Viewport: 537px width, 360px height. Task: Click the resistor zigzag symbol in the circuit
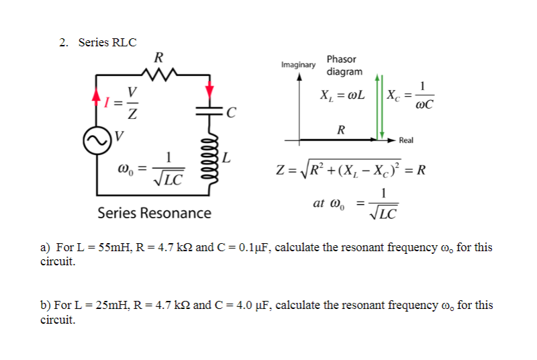pyautogui.click(x=160, y=72)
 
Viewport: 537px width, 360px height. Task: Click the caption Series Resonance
pyautogui.click(x=154, y=214)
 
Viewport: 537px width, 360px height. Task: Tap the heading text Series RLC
pyautogui.click(x=107, y=43)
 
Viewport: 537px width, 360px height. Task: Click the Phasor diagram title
pyautogui.click(x=344, y=65)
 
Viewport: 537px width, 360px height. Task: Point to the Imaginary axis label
pyautogui.click(x=298, y=65)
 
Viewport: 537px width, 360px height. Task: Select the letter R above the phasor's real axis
pyautogui.click(x=341, y=130)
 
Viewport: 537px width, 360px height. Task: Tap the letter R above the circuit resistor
pyautogui.click(x=158, y=56)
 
